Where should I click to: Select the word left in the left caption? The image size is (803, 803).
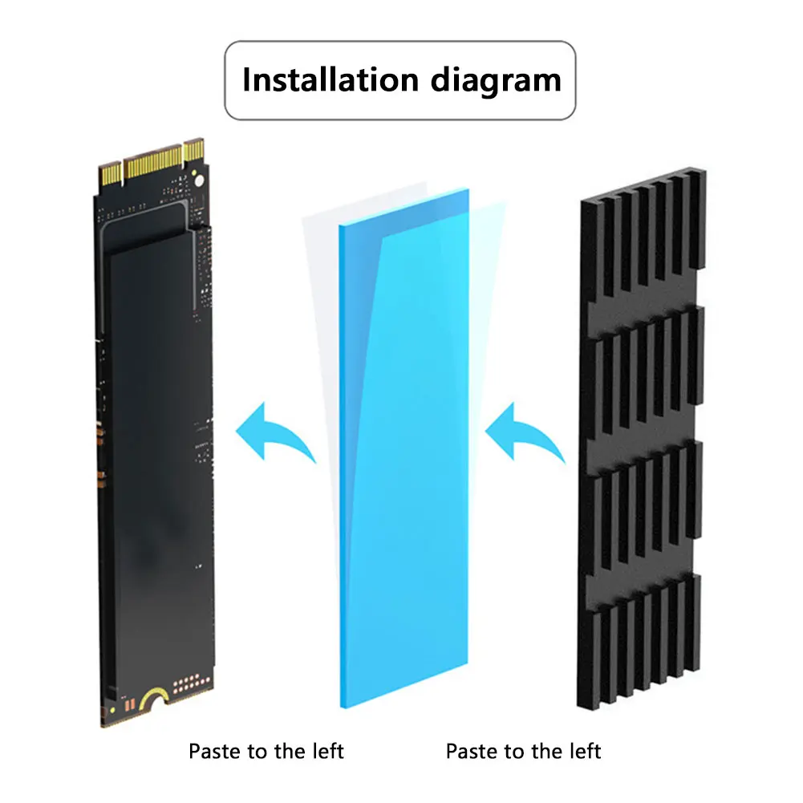click(327, 752)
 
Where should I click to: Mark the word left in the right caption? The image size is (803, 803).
click(585, 752)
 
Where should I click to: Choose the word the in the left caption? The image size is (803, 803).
click(291, 752)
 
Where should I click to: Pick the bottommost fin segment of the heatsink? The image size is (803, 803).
click(642, 650)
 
